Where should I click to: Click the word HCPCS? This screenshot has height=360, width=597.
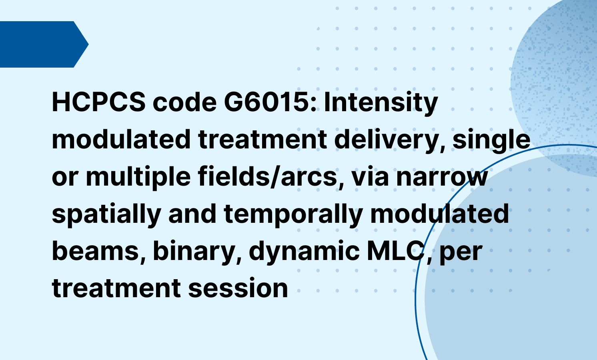click(99, 102)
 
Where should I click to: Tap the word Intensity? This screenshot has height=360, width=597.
click(381, 102)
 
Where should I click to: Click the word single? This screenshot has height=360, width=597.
click(491, 140)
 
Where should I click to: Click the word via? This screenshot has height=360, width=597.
click(370, 177)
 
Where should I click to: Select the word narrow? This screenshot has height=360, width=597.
click(442, 177)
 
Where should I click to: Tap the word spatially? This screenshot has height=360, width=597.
click(106, 214)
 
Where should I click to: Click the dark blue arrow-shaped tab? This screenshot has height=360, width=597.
click(42, 44)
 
